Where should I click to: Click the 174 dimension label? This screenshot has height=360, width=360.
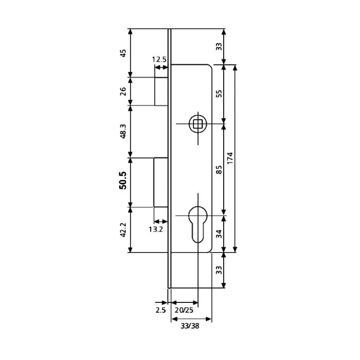pyautogui.click(x=230, y=158)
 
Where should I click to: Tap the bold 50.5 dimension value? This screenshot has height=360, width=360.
pyautogui.click(x=123, y=181)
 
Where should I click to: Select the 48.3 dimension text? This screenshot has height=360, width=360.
pyautogui.click(x=123, y=131)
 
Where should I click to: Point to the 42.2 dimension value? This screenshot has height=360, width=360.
pyautogui.click(x=123, y=230)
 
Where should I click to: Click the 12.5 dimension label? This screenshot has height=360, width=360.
pyautogui.click(x=159, y=60)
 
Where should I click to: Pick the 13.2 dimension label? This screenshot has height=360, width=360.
pyautogui.click(x=156, y=229)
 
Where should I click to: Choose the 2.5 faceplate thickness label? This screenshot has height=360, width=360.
pyautogui.click(x=160, y=310)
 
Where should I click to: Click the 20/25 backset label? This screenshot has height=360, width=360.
pyautogui.click(x=184, y=310)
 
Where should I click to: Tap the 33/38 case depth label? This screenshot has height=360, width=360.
pyautogui.click(x=190, y=326)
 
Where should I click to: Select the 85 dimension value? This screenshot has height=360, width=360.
pyautogui.click(x=220, y=170)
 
